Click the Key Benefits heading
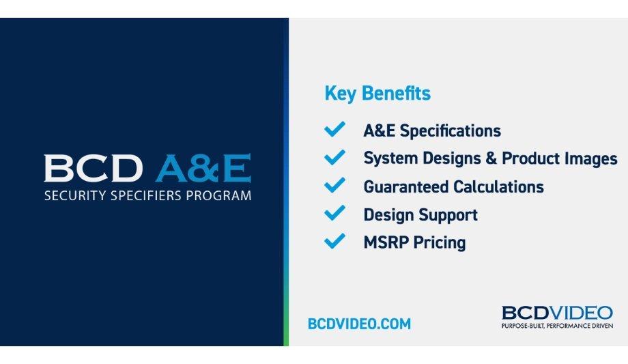377,94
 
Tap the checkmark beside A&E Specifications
334,130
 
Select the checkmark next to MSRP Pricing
334,242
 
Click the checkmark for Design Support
334,214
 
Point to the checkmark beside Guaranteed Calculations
334,186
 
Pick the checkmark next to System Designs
334,158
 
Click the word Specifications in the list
450,131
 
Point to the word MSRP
386,242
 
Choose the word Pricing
439,243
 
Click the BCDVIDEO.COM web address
359,324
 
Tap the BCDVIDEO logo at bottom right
557,313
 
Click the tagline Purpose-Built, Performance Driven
557,326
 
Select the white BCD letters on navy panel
94,169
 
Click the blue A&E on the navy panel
203,169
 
